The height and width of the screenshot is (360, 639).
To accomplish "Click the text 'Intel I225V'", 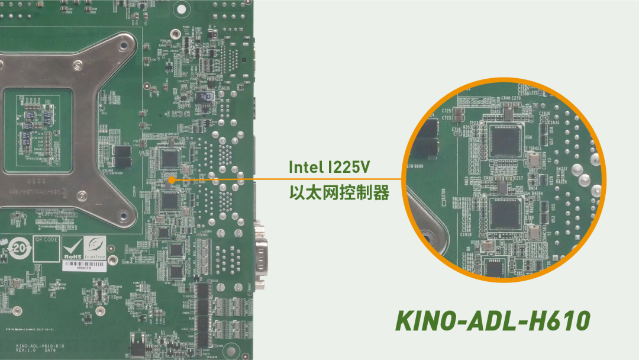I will coord(330,167).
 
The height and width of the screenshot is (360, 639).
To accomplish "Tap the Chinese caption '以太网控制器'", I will coord(339,193).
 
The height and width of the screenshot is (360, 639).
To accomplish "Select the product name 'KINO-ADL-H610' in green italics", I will coord(492,321).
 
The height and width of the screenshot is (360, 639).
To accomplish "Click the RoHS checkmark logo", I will coord(74,249).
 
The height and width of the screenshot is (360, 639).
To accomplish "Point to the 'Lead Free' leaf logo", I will coord(95,247).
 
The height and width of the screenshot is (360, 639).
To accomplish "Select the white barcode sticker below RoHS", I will coord(83,267).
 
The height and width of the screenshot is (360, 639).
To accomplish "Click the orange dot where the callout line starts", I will coord(170,179).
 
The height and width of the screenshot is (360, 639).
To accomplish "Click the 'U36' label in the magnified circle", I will coord(527,137).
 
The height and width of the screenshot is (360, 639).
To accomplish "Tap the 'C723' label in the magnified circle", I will coord(446,118).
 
